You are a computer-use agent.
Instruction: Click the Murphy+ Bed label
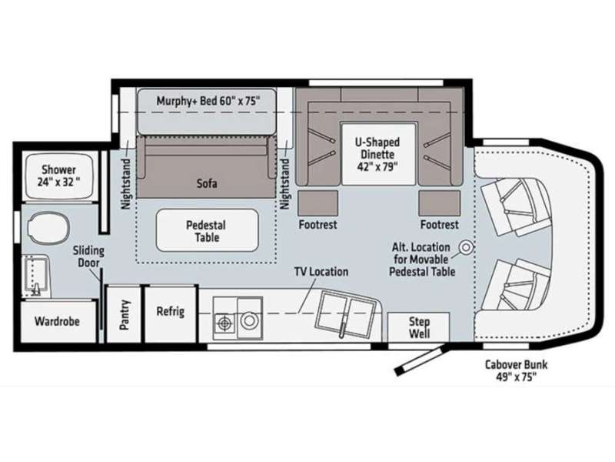[208, 101]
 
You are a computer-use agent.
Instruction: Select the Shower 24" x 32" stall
[59, 176]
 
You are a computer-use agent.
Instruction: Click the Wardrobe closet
[58, 321]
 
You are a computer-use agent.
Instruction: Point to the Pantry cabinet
[124, 315]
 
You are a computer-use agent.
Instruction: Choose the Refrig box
[170, 313]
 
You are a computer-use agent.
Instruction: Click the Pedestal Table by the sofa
[207, 230]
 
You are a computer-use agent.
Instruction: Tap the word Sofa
[207, 183]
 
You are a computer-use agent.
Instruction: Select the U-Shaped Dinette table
[378, 154]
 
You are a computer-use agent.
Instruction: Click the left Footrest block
[318, 203]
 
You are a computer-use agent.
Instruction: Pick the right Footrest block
[439, 203]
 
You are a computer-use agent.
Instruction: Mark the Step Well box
[418, 327]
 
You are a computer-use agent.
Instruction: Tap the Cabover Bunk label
[516, 370]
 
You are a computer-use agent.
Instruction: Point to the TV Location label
[321, 272]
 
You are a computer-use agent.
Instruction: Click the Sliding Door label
[88, 256]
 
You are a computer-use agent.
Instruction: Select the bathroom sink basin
[35, 276]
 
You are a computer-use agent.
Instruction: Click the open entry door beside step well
[420, 360]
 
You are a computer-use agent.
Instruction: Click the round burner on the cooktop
[248, 320]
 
